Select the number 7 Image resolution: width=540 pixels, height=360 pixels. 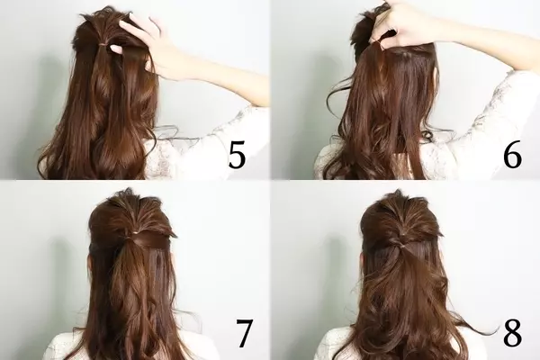[244, 334]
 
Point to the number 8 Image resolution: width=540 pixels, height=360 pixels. [512, 334]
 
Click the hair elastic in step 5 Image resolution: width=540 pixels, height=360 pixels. [103, 44]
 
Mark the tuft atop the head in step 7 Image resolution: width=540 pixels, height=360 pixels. [128, 192]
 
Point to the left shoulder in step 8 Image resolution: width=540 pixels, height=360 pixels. [332, 345]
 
